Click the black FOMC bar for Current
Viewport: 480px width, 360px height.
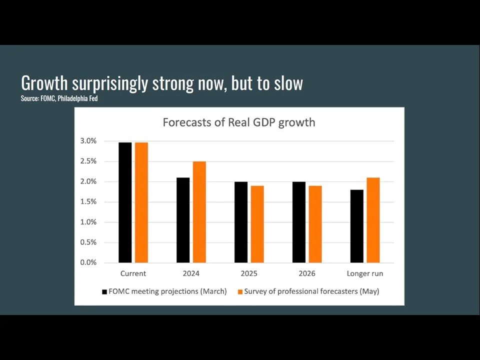(125, 202)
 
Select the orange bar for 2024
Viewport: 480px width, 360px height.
(199, 212)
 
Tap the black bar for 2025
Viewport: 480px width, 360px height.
(241, 222)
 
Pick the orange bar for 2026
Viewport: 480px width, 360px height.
(315, 224)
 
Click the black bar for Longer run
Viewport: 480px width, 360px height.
(357, 226)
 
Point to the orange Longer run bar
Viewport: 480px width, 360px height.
(373, 220)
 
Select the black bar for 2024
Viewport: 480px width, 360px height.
(183, 220)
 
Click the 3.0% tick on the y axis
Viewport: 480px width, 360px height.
(88, 141)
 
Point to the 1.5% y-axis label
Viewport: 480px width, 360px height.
(88, 202)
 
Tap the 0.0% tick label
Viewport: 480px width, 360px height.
(88, 262)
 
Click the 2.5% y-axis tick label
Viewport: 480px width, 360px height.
(88, 161)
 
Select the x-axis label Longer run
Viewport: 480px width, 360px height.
(364, 273)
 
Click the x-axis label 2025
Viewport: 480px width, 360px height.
(249, 273)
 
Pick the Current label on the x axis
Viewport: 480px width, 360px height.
(133, 273)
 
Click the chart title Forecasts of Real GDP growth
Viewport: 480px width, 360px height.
(239, 122)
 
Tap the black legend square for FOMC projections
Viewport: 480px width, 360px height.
(104, 291)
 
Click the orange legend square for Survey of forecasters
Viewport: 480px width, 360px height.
(239, 291)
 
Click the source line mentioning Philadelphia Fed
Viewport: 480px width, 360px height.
(59, 99)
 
